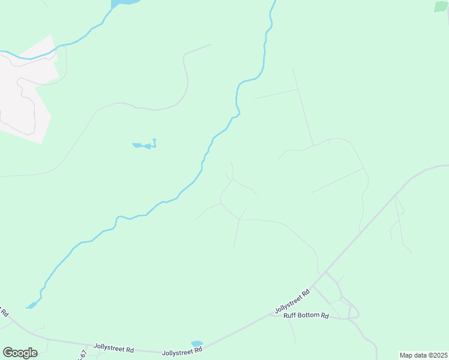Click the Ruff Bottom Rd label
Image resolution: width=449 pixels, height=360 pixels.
click(306, 315)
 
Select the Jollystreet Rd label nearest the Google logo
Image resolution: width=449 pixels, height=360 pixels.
click(113, 348)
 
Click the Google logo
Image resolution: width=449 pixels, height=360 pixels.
click(20, 352)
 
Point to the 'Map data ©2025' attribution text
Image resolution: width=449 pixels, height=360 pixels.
click(423, 355)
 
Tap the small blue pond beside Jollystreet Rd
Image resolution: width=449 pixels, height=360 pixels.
click(197, 344)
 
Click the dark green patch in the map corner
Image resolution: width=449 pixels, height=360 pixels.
click(441, 6)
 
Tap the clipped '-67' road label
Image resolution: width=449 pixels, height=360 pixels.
click(83, 355)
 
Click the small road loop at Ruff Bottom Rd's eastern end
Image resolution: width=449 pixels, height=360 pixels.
click(354, 312)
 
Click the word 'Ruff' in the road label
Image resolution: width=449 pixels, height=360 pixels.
click(290, 315)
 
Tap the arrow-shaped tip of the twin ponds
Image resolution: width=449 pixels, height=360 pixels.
click(154, 140)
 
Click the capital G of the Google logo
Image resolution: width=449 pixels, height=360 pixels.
click(8, 352)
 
